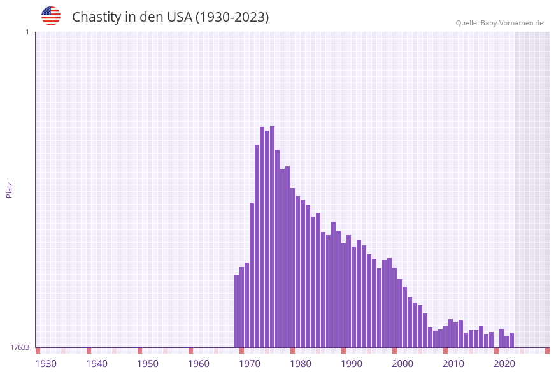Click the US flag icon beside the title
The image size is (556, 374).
tap(51, 16)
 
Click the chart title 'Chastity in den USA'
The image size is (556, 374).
tap(170, 17)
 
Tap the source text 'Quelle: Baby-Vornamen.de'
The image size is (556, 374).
tap(499, 23)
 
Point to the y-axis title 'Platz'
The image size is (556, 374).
tap(10, 189)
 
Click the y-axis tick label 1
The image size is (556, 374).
tap(27, 32)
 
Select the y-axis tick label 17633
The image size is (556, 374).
tap(20, 347)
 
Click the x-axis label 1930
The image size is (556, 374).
tap(46, 363)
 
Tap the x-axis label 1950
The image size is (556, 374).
tap(148, 363)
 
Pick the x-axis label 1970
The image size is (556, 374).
tap(250, 363)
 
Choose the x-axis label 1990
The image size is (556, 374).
tap(352, 363)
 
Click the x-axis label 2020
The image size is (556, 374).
tap(504, 363)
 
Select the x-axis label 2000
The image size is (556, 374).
tap(403, 363)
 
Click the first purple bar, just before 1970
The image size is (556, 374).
tap(237, 312)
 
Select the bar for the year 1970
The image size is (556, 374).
tap(252, 274)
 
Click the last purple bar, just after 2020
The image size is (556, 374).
tap(511, 340)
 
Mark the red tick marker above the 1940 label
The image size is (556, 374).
tap(89, 350)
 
